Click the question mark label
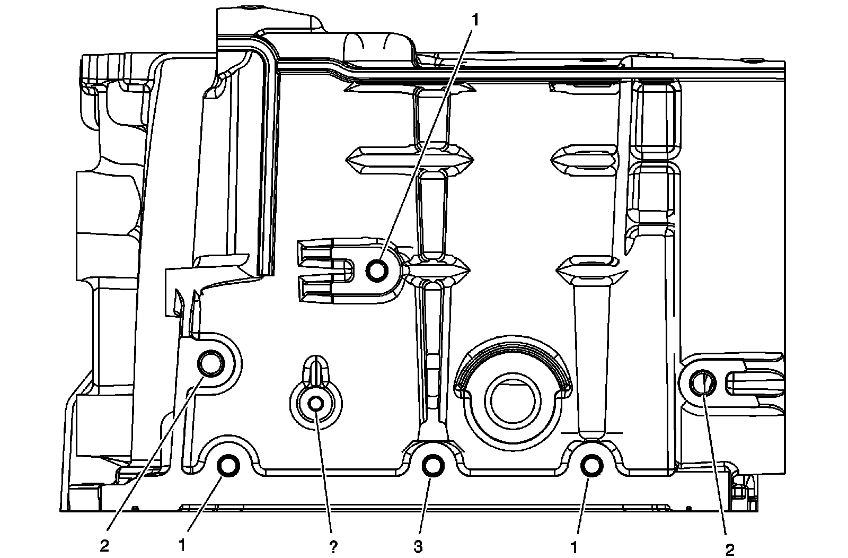(x=333, y=546)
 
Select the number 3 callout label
(x=419, y=546)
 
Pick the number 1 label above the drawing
(x=475, y=20)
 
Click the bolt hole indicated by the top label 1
(x=378, y=271)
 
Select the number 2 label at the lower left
(x=104, y=546)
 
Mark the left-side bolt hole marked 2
(x=210, y=364)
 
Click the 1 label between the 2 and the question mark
(x=182, y=545)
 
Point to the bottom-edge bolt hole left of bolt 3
(x=229, y=466)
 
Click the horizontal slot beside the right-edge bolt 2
(x=755, y=382)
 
